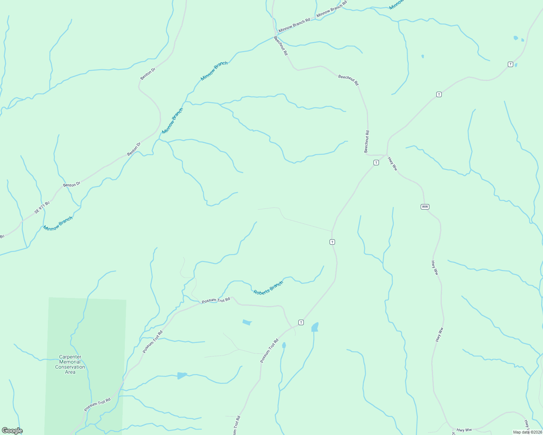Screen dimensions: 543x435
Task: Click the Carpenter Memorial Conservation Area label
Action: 70,364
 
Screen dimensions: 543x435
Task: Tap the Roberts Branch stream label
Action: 268,288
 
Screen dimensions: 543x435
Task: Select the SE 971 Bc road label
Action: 42,207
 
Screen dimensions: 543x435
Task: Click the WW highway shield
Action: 425,207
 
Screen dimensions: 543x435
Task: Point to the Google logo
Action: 12,431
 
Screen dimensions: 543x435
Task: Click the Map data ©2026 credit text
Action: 527,432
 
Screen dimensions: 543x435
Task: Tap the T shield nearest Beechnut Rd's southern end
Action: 376,163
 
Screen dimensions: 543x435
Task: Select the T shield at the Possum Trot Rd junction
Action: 301,322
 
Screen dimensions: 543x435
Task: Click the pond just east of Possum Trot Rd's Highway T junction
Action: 315,327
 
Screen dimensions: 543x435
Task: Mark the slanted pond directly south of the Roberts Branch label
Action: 247,322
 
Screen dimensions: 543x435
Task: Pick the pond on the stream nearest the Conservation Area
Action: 182,376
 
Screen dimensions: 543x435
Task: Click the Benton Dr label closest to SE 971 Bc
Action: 72,185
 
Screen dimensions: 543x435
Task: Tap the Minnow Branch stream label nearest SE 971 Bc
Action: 58,223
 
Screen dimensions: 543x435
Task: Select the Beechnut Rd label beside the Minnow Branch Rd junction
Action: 281,46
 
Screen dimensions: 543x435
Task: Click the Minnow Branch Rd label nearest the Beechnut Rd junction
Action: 294,25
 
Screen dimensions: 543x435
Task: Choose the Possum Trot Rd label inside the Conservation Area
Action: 97,405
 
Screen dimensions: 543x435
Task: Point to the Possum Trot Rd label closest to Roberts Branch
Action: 216,301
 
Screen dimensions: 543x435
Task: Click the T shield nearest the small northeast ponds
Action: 510,65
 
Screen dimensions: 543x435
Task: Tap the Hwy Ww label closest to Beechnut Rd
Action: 393,164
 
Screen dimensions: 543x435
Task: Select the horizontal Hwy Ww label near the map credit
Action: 464,430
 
